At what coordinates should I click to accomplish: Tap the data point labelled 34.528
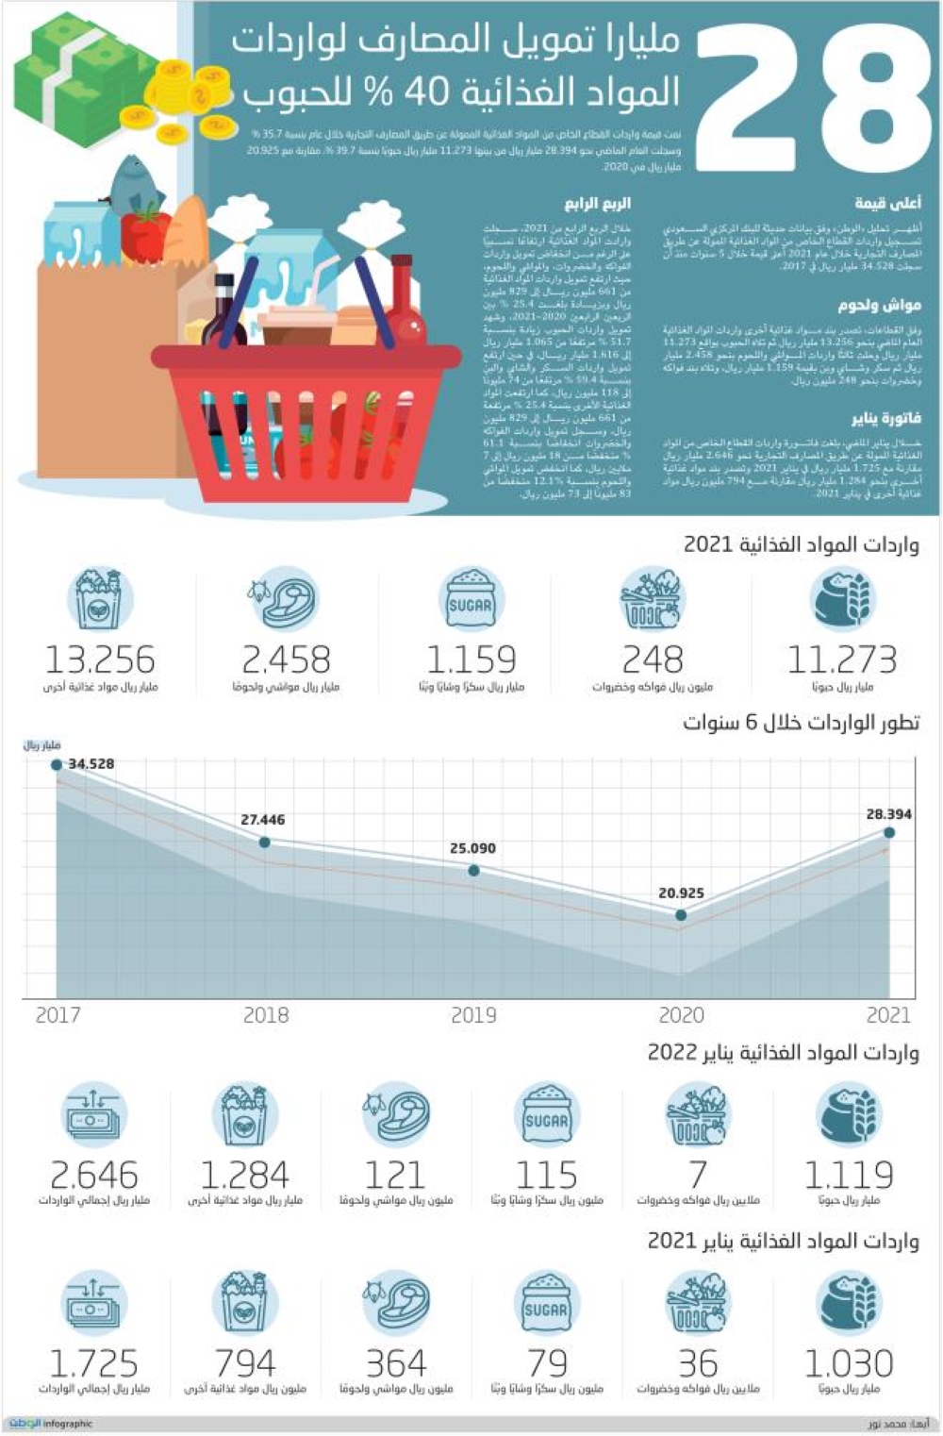(x=57, y=764)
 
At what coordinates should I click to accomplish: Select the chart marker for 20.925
(x=681, y=914)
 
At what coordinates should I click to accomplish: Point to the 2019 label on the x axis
(x=473, y=1015)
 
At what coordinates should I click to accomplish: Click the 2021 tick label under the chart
(x=887, y=1015)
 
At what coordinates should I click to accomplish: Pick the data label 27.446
(x=262, y=820)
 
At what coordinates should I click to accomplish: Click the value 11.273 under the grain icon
(x=841, y=660)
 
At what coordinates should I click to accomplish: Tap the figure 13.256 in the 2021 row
(x=100, y=660)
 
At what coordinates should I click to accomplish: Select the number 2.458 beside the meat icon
(x=286, y=660)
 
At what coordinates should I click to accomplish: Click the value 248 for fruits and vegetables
(x=652, y=660)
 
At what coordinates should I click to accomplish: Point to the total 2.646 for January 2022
(x=93, y=1176)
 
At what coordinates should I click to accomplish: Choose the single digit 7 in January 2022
(x=698, y=1176)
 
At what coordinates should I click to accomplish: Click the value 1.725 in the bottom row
(x=93, y=1364)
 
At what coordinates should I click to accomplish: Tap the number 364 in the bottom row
(x=396, y=1364)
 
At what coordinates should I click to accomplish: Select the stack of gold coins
(x=189, y=94)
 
